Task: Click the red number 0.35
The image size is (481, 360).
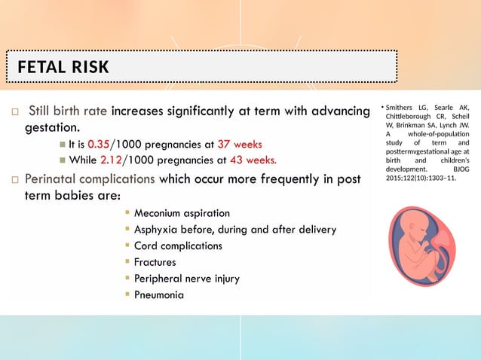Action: [x=99, y=145]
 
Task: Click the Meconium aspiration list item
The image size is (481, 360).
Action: [x=182, y=214]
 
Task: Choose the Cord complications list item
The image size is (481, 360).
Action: [x=178, y=246]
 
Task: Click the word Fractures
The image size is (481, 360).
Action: [x=155, y=262]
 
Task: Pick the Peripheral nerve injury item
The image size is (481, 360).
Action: [x=186, y=279]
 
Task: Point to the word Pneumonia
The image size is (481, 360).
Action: [x=158, y=294]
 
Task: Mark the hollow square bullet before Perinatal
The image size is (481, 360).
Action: [x=14, y=180]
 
